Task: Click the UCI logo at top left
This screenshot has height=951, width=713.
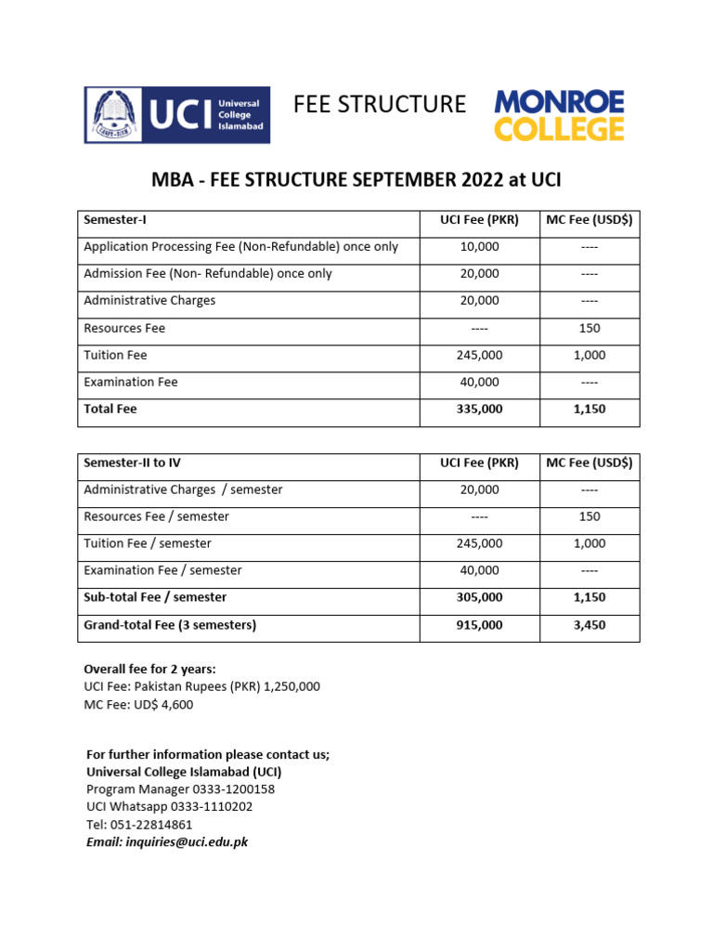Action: pyautogui.click(x=176, y=114)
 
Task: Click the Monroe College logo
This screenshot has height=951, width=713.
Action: pyautogui.click(x=559, y=115)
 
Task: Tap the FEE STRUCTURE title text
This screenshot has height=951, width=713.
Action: pyautogui.click(x=380, y=105)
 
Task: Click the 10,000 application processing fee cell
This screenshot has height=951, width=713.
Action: pyautogui.click(x=479, y=247)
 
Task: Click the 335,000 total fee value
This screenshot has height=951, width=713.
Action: pyautogui.click(x=479, y=409)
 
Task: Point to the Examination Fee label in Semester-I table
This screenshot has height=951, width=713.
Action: pyautogui.click(x=130, y=382)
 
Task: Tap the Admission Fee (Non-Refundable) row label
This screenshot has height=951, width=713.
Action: pyautogui.click(x=207, y=274)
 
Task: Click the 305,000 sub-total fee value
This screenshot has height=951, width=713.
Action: pyautogui.click(x=479, y=597)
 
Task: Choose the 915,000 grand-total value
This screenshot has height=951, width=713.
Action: pyautogui.click(x=479, y=625)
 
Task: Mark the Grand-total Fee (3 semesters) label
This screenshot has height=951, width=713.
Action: pyautogui.click(x=170, y=625)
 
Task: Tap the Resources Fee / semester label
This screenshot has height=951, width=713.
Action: pyautogui.click(x=156, y=516)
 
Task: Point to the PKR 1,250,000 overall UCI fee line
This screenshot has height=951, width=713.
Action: pyautogui.click(x=202, y=686)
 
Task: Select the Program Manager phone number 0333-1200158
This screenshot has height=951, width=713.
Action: pyautogui.click(x=180, y=789)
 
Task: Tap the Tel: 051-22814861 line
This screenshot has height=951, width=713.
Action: pyautogui.click(x=139, y=825)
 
